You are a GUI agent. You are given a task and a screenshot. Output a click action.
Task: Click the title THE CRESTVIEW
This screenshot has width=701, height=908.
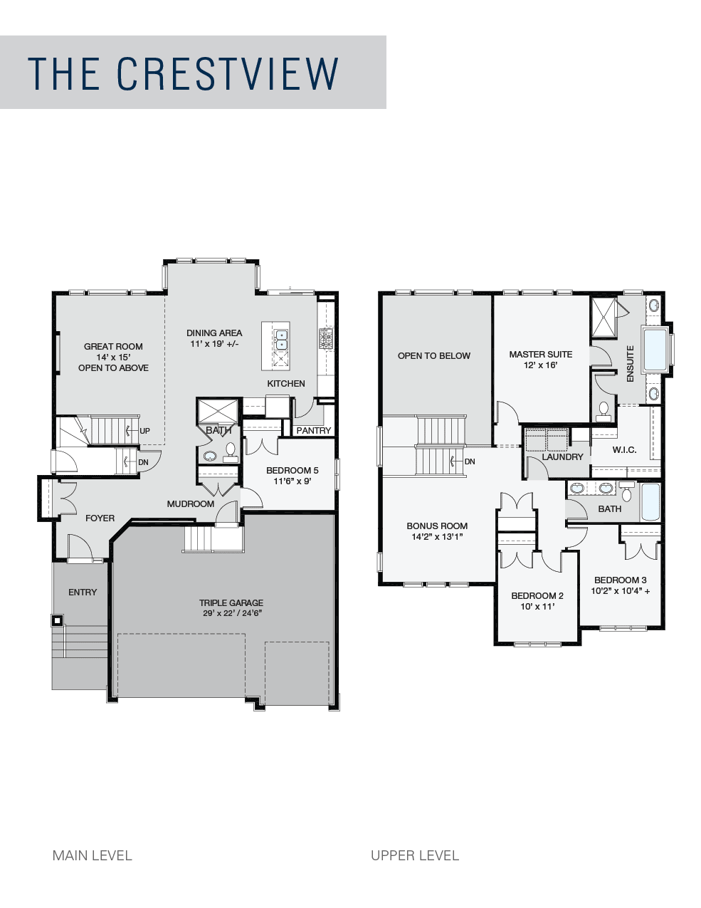[183, 73]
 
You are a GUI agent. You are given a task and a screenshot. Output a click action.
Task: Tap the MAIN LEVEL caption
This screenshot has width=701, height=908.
[93, 855]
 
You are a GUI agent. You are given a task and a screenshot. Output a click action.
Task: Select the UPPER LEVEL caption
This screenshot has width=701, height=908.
[415, 855]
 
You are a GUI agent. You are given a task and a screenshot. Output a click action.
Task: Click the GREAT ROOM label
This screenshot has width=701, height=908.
[113, 346]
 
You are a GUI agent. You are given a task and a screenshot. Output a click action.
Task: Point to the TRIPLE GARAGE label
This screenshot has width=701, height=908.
[231, 602]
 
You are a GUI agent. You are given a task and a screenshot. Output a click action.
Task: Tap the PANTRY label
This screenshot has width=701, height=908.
[314, 430]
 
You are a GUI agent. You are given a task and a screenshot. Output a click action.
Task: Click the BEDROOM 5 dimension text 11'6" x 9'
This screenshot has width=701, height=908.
[292, 481]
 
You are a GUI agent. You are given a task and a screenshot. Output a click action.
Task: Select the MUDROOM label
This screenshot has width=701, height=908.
[191, 504]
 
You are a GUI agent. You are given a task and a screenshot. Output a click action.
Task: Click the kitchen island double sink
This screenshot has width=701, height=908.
[281, 340]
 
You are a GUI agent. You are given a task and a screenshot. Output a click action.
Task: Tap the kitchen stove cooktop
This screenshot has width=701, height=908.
[326, 338]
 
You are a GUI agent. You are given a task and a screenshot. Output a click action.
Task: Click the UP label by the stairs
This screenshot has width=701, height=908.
[144, 431]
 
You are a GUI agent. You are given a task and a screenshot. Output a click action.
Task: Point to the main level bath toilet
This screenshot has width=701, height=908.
[230, 452]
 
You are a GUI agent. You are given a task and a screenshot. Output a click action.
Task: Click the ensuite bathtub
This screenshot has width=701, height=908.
[654, 350]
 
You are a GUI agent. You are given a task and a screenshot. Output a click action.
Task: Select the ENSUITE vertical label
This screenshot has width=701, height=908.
[630, 363]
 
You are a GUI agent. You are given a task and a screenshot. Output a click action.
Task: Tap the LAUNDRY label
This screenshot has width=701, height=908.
[562, 456]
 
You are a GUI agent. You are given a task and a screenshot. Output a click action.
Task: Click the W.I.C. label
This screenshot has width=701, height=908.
[624, 449]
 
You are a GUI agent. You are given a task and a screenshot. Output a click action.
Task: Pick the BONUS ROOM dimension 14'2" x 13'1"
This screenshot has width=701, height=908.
[437, 536]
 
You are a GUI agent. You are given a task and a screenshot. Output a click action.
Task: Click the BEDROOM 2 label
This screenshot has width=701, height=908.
[537, 595]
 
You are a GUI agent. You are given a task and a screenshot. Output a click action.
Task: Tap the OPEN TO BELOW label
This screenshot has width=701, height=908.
[434, 355]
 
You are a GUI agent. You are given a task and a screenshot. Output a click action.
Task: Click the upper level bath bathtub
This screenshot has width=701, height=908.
[650, 502]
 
